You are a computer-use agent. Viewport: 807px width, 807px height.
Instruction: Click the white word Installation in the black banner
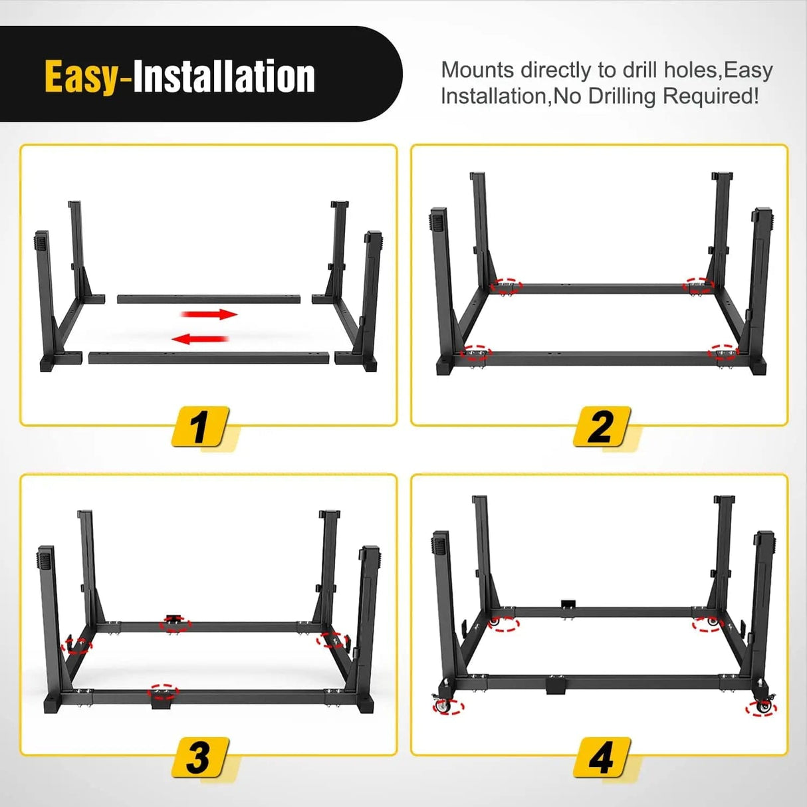coord(224,76)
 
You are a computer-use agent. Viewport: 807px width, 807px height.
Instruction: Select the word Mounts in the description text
coord(477,70)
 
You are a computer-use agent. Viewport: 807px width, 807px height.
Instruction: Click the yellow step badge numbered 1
coord(200,426)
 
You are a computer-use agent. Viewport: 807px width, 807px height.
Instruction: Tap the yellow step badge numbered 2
coord(602,426)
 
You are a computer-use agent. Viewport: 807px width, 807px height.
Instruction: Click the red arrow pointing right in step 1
coord(209,314)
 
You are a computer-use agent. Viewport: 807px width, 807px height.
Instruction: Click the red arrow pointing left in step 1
coord(200,339)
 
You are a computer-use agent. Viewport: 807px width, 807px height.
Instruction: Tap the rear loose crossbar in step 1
coord(209,298)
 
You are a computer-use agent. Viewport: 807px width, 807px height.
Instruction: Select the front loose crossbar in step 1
coord(209,358)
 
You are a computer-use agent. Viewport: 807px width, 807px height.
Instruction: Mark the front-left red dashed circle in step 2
coord(477,352)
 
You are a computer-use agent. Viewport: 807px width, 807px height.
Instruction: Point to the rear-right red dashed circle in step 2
coord(699,285)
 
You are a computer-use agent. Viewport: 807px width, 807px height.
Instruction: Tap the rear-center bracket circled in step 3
coord(175,624)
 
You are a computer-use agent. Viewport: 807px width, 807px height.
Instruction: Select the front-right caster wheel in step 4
coord(761,707)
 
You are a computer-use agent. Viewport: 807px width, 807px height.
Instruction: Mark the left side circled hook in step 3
coord(76,644)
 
